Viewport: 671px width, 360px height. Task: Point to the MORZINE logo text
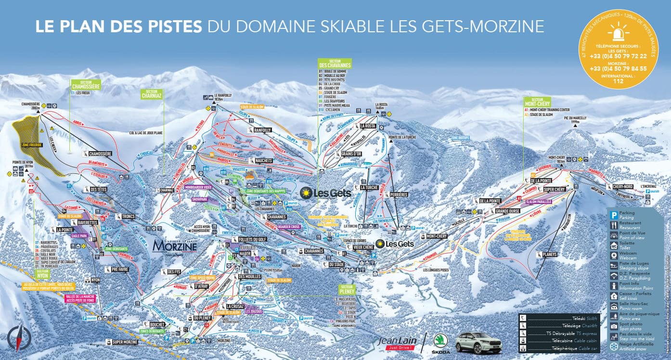coord(174,246)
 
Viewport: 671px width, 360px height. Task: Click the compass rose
coord(19,338)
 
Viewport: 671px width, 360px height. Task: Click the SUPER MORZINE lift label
coord(124,342)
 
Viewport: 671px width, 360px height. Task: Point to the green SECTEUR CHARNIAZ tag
coord(153,94)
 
